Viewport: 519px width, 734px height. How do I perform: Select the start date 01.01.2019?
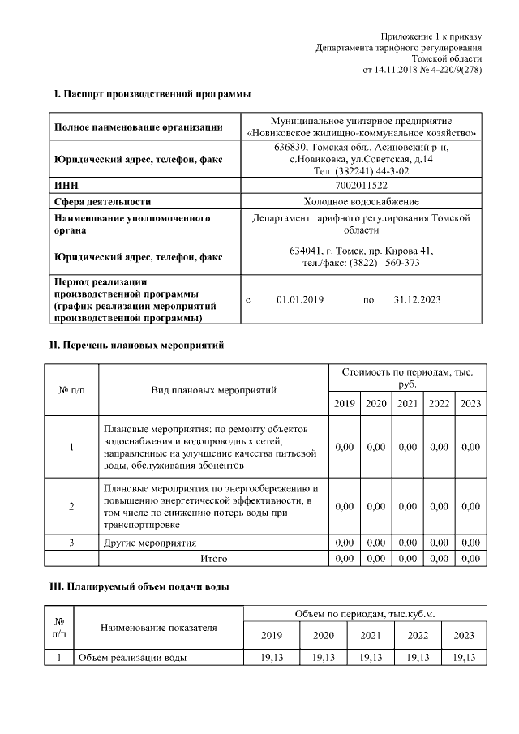coord(299,300)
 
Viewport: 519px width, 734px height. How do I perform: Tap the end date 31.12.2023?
coord(417,300)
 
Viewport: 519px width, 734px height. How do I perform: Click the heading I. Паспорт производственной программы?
coord(152,95)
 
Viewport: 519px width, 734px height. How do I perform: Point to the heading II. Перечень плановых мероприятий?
coord(138,346)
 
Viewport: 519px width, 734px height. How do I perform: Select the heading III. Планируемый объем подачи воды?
coord(141,586)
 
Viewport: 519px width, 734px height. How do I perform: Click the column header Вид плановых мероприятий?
coord(214,390)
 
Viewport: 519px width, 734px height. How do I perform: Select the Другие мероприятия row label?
coord(150,543)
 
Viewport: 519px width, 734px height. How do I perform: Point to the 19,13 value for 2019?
coord(272,657)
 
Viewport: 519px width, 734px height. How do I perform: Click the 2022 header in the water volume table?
coord(417,635)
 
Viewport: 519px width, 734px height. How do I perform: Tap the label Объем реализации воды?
coord(131,657)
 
